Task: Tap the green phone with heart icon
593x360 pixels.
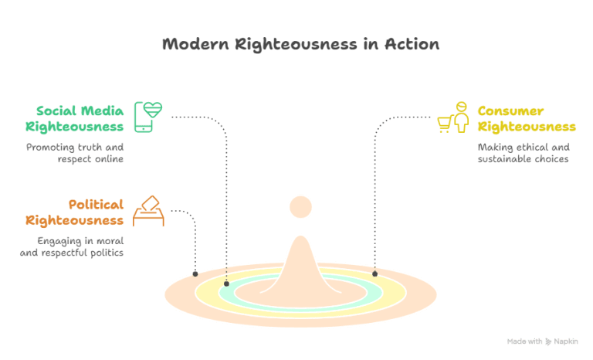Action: coord(149,117)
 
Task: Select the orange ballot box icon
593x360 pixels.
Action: coord(148,210)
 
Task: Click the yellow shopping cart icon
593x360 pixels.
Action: coord(445,124)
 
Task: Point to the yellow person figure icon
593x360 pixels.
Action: coord(461,117)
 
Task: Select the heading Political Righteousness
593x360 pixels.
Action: coord(75,212)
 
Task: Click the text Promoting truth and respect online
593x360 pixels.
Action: coord(74,153)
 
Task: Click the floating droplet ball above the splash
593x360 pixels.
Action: coord(300,206)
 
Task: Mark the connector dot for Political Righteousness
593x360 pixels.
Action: coord(195,273)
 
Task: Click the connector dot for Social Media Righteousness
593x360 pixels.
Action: coord(226,284)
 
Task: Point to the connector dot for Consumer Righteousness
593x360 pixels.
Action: coord(374,273)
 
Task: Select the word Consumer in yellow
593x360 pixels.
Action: coord(510,110)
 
